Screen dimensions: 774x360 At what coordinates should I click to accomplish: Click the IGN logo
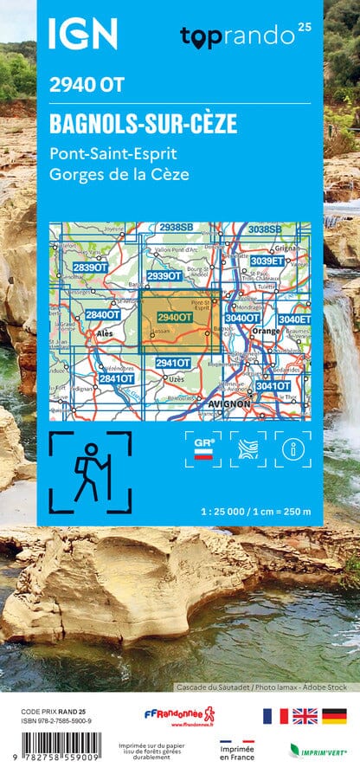(x=82, y=34)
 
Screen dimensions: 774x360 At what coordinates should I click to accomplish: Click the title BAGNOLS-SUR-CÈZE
(x=144, y=123)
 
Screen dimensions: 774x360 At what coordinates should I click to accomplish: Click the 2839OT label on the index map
(x=89, y=268)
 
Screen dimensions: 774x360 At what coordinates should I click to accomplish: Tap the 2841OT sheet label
(x=115, y=378)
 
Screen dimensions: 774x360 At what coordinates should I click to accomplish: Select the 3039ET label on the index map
(x=267, y=261)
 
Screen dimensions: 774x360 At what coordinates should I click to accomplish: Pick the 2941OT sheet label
(x=173, y=363)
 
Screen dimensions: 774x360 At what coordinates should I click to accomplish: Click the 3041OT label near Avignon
(x=273, y=386)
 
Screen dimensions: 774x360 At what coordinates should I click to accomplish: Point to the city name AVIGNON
(x=229, y=403)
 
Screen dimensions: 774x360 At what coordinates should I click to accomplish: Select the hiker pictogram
(x=90, y=472)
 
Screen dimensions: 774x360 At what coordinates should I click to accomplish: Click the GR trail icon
(x=203, y=448)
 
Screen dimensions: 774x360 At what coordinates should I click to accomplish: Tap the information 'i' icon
(x=292, y=448)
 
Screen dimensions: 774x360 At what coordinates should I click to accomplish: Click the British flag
(x=304, y=716)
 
